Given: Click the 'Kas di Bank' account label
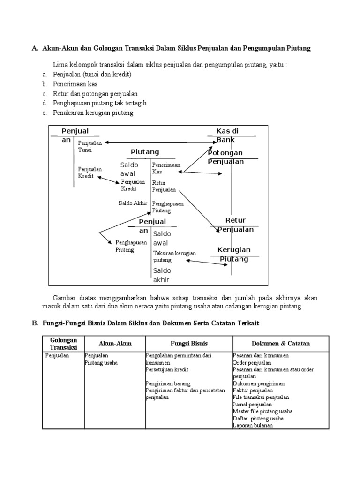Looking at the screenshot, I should click(x=227, y=135).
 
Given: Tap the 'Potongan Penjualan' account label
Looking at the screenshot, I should click(x=225, y=157).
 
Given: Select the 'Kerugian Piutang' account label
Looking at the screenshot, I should click(x=234, y=254).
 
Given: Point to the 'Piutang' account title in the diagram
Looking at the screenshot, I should click(x=145, y=151).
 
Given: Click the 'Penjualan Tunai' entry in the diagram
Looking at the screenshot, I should click(x=90, y=146).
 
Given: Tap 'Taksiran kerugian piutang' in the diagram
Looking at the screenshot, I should click(x=174, y=256).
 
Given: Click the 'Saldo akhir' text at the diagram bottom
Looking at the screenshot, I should click(x=162, y=275).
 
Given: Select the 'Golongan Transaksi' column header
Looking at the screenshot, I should click(x=63, y=343).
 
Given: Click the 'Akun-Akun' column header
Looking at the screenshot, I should click(x=115, y=344).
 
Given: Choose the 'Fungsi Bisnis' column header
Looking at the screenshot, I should click(x=189, y=344).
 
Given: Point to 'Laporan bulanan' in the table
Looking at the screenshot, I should click(x=253, y=425).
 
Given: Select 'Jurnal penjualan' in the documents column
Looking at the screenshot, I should click(x=252, y=404).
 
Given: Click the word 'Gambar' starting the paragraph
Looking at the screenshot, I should click(x=64, y=298).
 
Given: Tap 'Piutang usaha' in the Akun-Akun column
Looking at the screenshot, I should click(x=101, y=362).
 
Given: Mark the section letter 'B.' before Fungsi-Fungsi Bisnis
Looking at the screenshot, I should click(x=34, y=323).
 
